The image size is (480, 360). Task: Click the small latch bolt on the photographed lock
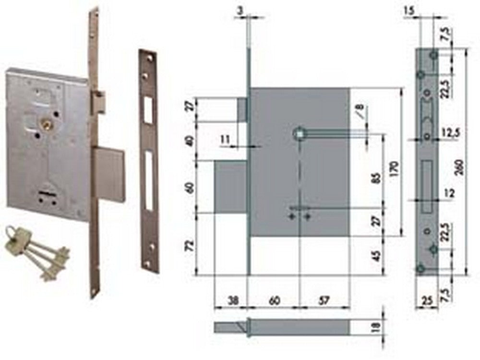(100, 103)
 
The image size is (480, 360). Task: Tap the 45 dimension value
(377, 256)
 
